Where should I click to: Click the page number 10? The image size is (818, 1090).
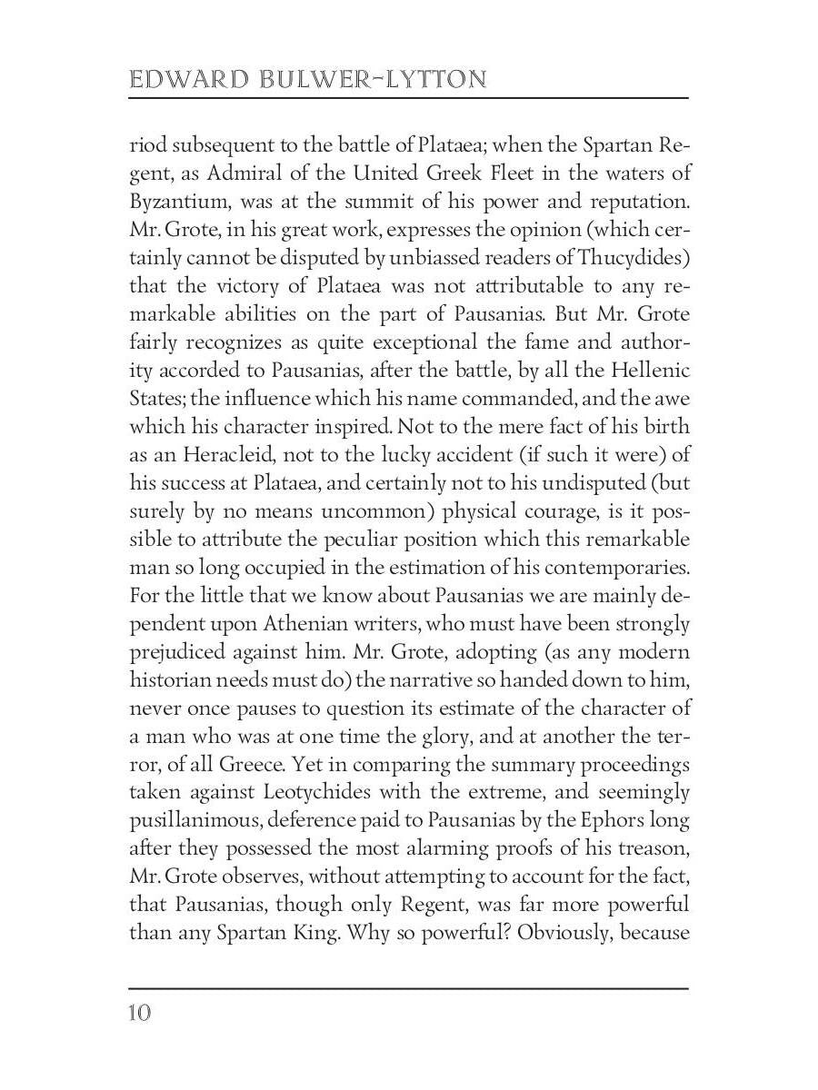[139, 1013]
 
